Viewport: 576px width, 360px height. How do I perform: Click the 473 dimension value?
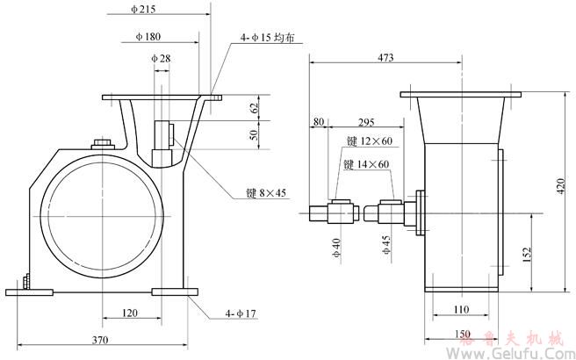(x=385, y=57)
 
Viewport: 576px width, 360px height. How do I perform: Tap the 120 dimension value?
(x=129, y=312)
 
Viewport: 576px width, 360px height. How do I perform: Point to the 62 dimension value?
(x=256, y=108)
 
